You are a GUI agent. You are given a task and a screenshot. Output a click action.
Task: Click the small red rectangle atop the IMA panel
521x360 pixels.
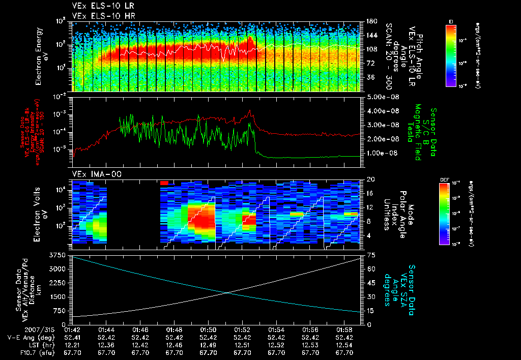tap(164, 182)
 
